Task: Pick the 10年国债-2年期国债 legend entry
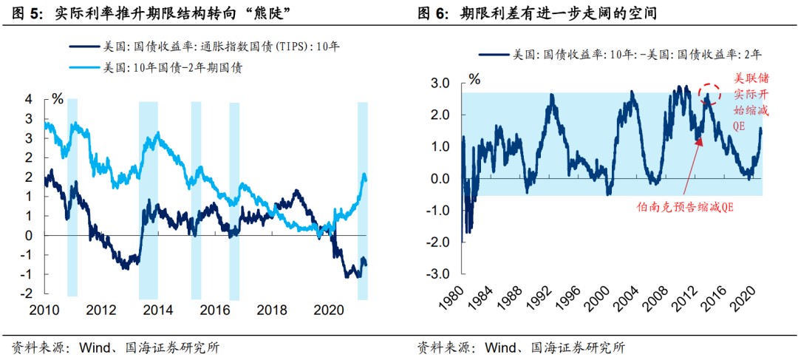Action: (x=177, y=67)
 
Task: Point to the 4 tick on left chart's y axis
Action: (x=29, y=100)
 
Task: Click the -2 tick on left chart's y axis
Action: (x=27, y=293)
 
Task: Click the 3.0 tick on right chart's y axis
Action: (x=440, y=84)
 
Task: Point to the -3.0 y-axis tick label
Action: (x=439, y=274)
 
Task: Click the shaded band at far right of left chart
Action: (x=363, y=200)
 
